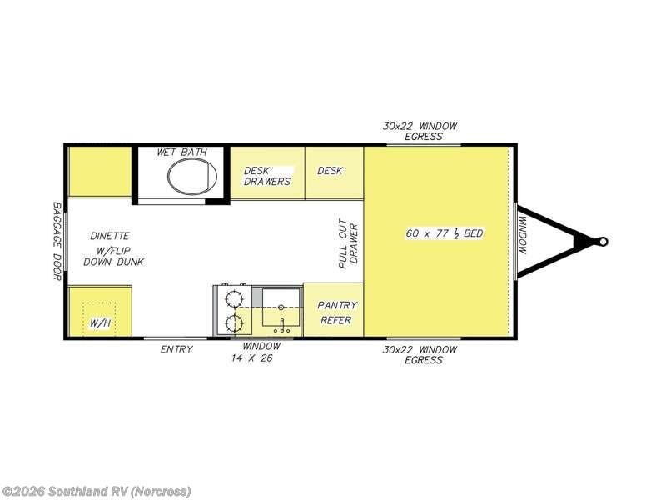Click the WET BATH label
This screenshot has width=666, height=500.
pyautogui.click(x=181, y=152)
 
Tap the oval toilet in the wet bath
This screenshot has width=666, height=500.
pyautogui.click(x=192, y=176)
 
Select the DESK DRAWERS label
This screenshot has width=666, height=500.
pyautogui.click(x=267, y=176)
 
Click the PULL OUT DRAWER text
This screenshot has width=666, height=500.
pyautogui.click(x=349, y=243)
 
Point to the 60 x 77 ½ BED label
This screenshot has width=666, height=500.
pyautogui.click(x=445, y=233)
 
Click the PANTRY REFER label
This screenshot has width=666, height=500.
pyautogui.click(x=337, y=312)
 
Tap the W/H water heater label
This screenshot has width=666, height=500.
pyautogui.click(x=100, y=323)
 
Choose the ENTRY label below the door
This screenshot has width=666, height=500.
pyautogui.click(x=176, y=349)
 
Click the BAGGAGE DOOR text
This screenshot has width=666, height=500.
pyautogui.click(x=57, y=241)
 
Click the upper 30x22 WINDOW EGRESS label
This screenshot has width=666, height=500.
pyautogui.click(x=420, y=131)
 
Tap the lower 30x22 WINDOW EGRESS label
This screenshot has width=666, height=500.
pyautogui.click(x=420, y=355)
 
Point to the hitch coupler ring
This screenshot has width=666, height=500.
pyautogui.click(x=603, y=242)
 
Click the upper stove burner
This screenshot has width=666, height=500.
pyautogui.click(x=233, y=298)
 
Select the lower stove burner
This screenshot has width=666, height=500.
pyautogui.click(x=233, y=323)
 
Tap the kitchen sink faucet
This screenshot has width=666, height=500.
pyautogui.click(x=281, y=326)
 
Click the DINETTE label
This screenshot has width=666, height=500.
pyautogui.click(x=110, y=236)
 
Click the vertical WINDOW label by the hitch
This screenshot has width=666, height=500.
pyautogui.click(x=523, y=235)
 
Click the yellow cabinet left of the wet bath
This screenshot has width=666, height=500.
pyautogui.click(x=100, y=172)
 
